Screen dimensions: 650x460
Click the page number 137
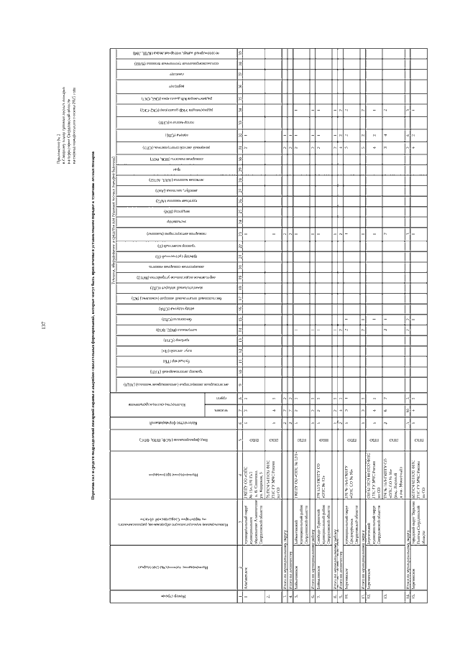[45, 325]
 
